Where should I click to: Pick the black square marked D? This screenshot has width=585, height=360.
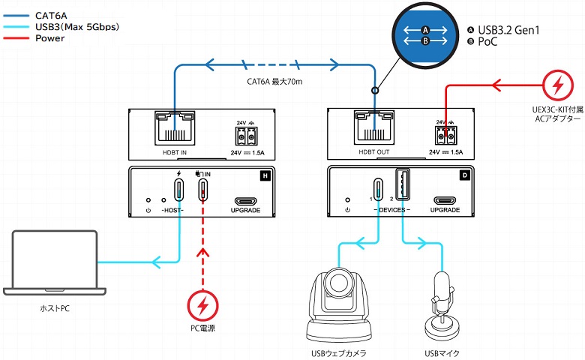point(464,176)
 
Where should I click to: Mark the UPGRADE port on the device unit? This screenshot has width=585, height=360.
point(444,201)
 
